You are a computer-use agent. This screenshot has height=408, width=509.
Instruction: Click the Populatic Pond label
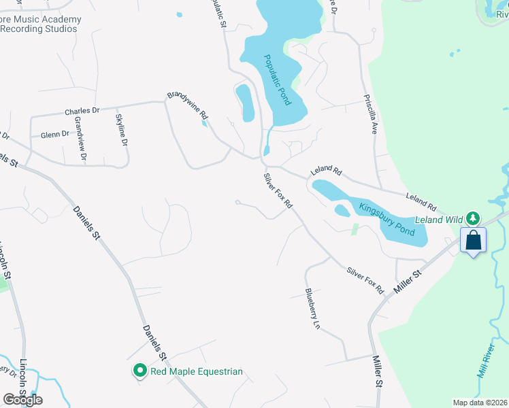point(278,80)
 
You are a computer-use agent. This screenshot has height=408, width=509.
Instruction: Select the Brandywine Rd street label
point(187,107)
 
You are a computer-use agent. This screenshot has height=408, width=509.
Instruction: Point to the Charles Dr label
point(82,111)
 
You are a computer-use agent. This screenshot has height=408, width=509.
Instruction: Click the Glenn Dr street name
point(55,135)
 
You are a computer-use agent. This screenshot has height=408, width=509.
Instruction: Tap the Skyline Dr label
point(122,131)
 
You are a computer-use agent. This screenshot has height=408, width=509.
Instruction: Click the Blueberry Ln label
point(312,309)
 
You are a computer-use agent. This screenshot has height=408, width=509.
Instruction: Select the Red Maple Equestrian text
point(197,371)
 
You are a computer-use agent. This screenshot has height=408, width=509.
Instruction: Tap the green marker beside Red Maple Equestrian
point(139,371)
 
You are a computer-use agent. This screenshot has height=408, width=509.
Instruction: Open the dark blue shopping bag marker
point(473,240)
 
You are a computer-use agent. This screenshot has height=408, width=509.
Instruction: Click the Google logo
point(22,399)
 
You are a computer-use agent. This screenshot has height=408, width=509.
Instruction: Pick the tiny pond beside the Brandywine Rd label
point(204,123)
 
